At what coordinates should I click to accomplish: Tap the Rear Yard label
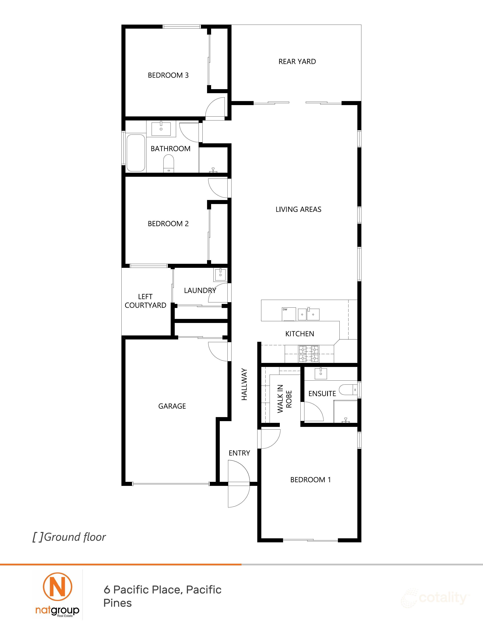pos(297,61)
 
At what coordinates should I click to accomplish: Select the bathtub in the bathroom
pos(136,153)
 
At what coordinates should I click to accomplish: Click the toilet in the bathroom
pos(169,163)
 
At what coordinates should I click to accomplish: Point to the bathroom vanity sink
pos(161,129)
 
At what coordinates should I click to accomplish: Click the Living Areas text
pos(298,209)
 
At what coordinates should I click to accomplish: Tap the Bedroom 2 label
pos(168,223)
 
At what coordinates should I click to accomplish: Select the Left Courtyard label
pos(145,301)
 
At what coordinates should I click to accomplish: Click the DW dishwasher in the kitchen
pos(289,314)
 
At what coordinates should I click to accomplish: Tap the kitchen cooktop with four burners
pos(308,354)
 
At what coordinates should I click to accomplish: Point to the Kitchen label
pos(300,334)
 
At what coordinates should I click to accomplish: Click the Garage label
pos(172,406)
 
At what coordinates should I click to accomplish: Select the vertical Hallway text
pos(244,384)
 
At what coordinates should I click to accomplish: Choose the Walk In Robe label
pos(284,399)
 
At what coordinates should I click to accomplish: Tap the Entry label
pos(239,453)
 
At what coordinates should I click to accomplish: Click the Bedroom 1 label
pos(310,480)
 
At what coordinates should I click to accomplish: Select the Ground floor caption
pos(69,537)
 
